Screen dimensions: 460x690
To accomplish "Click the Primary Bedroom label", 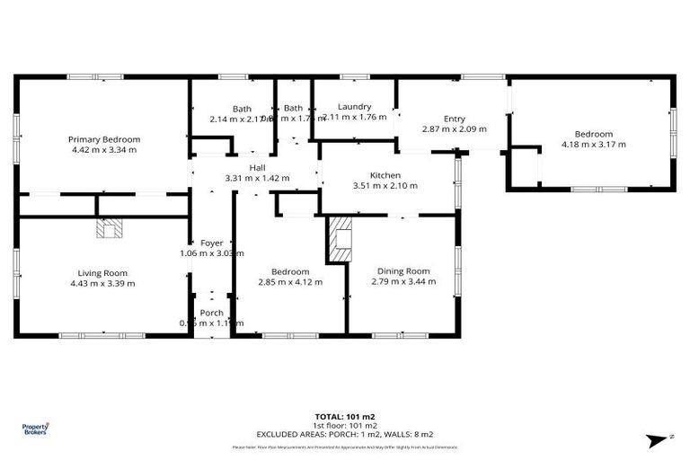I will (x=104, y=139).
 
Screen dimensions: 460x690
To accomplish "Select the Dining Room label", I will (x=402, y=271).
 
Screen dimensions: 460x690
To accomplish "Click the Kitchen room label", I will (x=385, y=175).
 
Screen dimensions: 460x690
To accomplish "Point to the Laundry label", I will (x=354, y=107).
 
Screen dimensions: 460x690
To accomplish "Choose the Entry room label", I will (x=454, y=119).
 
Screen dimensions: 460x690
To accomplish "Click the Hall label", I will (x=257, y=168).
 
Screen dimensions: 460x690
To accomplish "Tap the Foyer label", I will (x=211, y=243).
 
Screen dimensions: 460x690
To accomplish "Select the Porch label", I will (x=211, y=313).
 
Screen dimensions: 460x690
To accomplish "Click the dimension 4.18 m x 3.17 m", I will (x=593, y=144).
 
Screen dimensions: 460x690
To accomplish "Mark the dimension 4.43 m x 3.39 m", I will (x=103, y=283).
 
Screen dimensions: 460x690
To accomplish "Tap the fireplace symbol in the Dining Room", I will (x=341, y=240).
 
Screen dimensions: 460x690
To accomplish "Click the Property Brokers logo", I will (x=35, y=429).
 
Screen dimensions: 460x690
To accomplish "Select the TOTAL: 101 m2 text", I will (x=344, y=417).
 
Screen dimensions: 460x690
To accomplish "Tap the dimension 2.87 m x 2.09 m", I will (x=454, y=128).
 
